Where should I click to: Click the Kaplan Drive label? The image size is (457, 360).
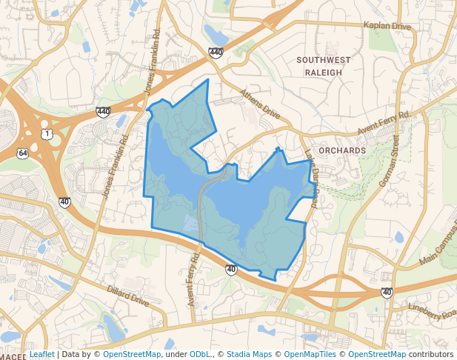[x=387, y=26]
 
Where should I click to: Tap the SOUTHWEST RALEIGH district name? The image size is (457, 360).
[x=319, y=66]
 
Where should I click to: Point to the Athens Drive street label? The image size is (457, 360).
[x=261, y=104]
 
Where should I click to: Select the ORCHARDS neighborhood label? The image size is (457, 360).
[x=341, y=150]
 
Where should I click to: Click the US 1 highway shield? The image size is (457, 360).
[x=47, y=133]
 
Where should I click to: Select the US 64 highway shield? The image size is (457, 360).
[x=24, y=153]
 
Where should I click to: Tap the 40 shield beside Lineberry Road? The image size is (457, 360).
[x=387, y=293]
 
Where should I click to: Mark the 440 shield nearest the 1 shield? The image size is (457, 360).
[x=103, y=112]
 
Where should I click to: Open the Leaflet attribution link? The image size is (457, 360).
[x=41, y=355]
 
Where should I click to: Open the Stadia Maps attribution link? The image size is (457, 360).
[x=249, y=355]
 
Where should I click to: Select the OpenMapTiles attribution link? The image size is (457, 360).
[x=310, y=355]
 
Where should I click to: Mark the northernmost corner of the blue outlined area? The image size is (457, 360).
[x=208, y=79]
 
